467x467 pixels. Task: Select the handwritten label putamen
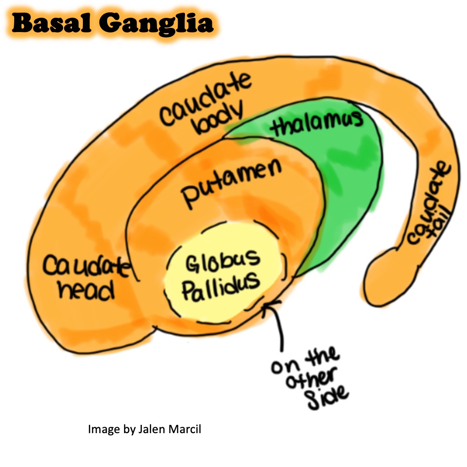pyautogui.click(x=231, y=183)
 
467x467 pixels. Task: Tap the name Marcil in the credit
pyautogui.click(x=185, y=429)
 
